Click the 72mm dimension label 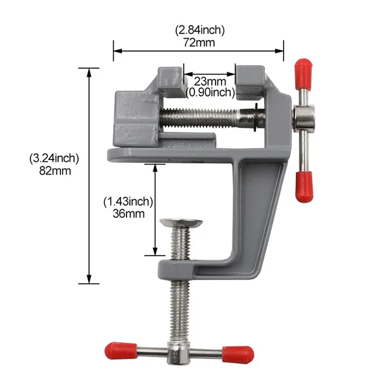click(x=199, y=43)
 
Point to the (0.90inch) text click(x=210, y=92)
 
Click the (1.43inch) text click(x=128, y=201)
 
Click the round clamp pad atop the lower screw click(x=180, y=223)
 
